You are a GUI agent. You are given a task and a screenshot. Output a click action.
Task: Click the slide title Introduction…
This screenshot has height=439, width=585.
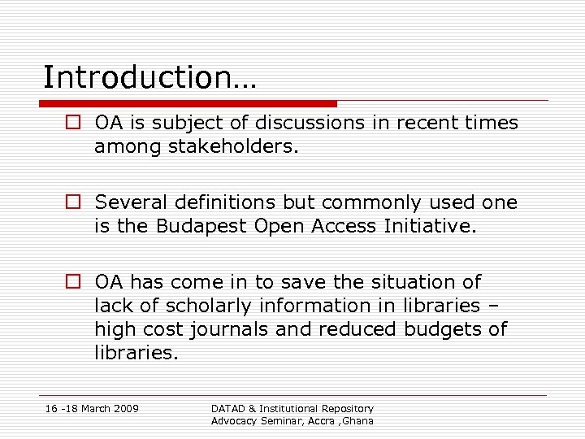point(149,78)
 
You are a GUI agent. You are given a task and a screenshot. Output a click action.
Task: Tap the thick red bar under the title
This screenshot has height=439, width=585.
point(188,104)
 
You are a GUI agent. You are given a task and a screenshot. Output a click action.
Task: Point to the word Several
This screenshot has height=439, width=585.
point(128,202)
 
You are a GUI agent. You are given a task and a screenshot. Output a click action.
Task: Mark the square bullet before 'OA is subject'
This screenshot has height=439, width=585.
point(73,124)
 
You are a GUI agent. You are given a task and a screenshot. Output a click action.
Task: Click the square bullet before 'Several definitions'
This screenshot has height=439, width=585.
point(73,203)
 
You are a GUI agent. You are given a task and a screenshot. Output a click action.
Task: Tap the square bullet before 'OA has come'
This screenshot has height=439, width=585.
point(73,282)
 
